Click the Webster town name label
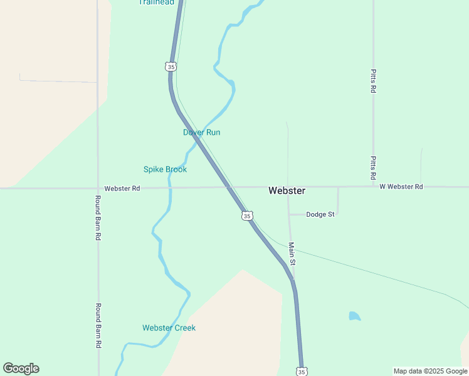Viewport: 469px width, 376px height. click(287, 191)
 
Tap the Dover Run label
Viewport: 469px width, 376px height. click(201, 132)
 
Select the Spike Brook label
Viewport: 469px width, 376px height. click(165, 169)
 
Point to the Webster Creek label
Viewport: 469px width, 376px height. click(169, 328)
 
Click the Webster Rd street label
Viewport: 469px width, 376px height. click(122, 188)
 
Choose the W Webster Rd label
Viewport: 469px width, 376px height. click(401, 187)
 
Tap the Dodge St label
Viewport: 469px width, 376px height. click(320, 214)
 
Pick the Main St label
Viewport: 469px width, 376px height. click(292, 253)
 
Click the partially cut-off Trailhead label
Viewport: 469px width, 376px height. click(156, 3)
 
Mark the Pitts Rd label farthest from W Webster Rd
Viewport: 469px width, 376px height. click(373, 81)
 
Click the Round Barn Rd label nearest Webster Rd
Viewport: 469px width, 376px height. click(98, 218)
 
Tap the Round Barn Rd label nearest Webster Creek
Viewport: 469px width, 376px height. click(98, 326)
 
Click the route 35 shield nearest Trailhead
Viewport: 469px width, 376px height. click(171, 66)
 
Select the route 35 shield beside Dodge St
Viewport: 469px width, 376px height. click(247, 216)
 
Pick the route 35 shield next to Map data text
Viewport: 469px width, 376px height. click(302, 372)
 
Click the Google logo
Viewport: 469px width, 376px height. click(21, 368)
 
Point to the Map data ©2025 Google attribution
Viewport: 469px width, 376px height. click(429, 371)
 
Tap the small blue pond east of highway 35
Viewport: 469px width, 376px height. click(355, 316)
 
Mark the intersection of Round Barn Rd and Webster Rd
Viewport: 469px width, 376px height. click(98, 187)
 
